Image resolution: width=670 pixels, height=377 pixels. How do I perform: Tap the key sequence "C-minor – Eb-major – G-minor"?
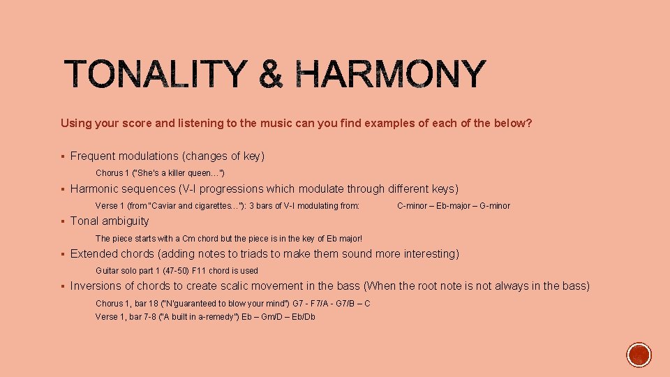(x=454, y=206)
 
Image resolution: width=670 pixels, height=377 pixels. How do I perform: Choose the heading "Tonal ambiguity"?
(x=110, y=221)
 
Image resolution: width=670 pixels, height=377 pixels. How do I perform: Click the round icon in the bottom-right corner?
(x=639, y=355)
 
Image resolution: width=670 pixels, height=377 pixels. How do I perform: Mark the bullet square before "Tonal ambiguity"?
(x=63, y=221)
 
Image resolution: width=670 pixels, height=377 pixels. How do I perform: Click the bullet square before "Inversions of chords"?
(x=63, y=286)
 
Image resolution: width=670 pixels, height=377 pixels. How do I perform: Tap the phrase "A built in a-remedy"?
(x=189, y=317)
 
